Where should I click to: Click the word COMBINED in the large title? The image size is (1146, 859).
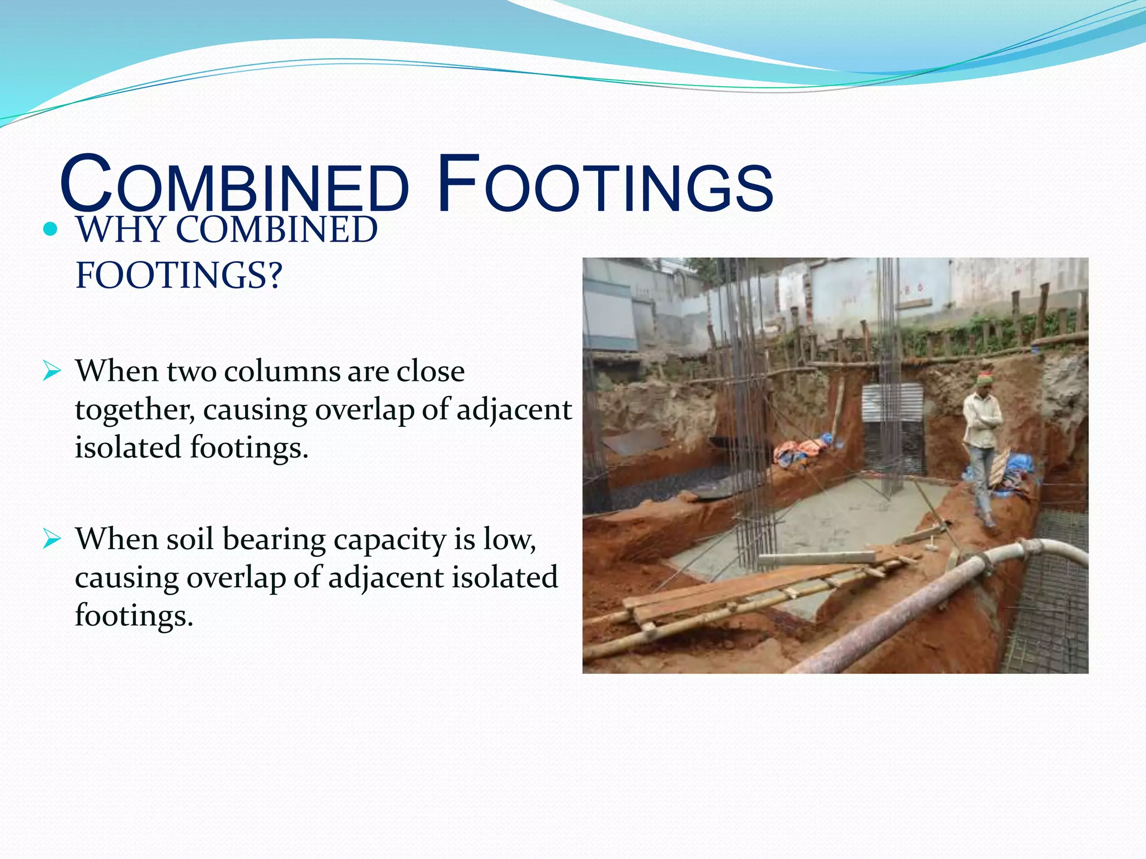click(x=235, y=185)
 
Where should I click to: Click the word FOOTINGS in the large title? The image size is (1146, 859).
click(x=604, y=185)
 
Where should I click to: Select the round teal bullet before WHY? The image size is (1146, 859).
click(x=50, y=229)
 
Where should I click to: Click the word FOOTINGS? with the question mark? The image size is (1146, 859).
click(x=179, y=276)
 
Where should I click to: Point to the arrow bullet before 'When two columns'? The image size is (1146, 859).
click(x=51, y=371)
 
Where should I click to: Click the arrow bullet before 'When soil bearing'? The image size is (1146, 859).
click(x=51, y=539)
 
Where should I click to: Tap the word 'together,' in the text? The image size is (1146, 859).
click(x=135, y=410)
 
